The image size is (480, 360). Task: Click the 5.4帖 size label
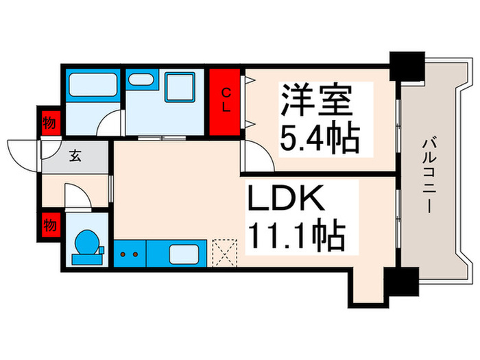point(320,139)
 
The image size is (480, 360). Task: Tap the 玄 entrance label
point(74,156)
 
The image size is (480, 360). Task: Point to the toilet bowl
point(86,245)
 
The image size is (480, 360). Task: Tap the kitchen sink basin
point(184,254)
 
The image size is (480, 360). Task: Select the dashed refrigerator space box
point(224,252)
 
